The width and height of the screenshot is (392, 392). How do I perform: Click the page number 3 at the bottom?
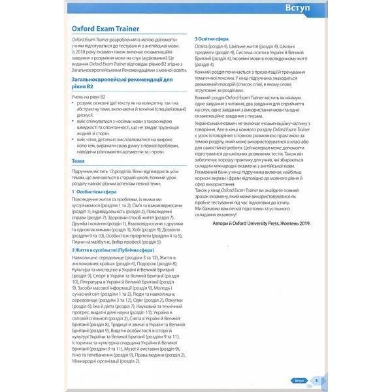(316, 380)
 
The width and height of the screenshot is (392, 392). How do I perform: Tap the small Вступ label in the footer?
(300, 380)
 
